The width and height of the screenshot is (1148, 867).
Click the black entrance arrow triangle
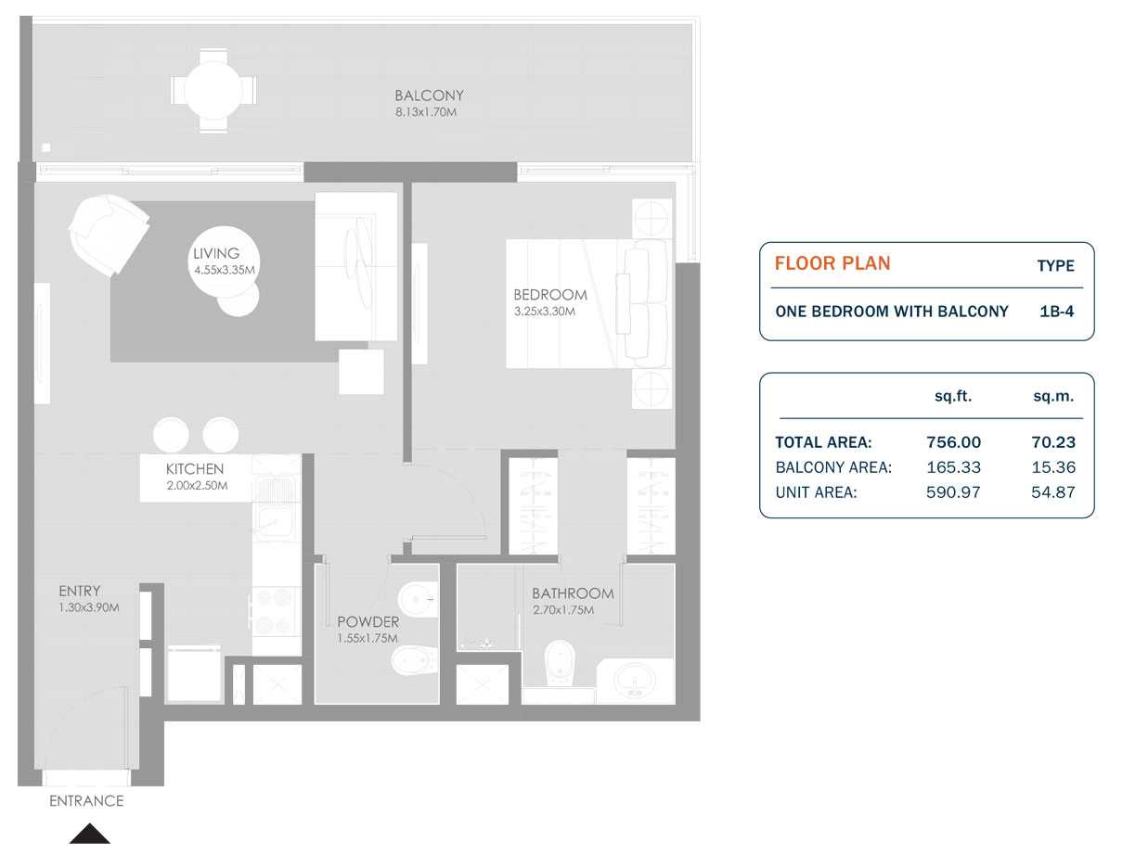click(89, 835)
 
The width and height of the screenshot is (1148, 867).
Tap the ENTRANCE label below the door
click(86, 801)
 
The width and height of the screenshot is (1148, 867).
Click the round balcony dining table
click(213, 91)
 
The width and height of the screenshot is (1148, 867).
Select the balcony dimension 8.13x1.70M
click(426, 112)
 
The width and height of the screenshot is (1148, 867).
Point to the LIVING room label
click(216, 253)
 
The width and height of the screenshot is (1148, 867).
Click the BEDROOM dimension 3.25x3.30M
click(544, 312)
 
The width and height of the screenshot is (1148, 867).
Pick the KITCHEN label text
click(195, 469)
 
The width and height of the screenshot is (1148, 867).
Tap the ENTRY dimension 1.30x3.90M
click(88, 607)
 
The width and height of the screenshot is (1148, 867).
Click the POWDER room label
click(368, 622)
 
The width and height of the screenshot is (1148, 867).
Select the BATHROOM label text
click(573, 593)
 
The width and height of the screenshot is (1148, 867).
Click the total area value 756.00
click(953, 442)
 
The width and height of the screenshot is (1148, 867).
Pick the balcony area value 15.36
click(1053, 467)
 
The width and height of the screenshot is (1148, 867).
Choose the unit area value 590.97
click(953, 492)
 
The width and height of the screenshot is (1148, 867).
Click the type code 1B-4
click(1056, 312)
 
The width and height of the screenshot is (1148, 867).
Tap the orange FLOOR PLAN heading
click(832, 263)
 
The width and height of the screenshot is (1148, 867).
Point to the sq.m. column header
click(1053, 396)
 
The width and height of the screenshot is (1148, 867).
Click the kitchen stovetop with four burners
click(276, 609)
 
